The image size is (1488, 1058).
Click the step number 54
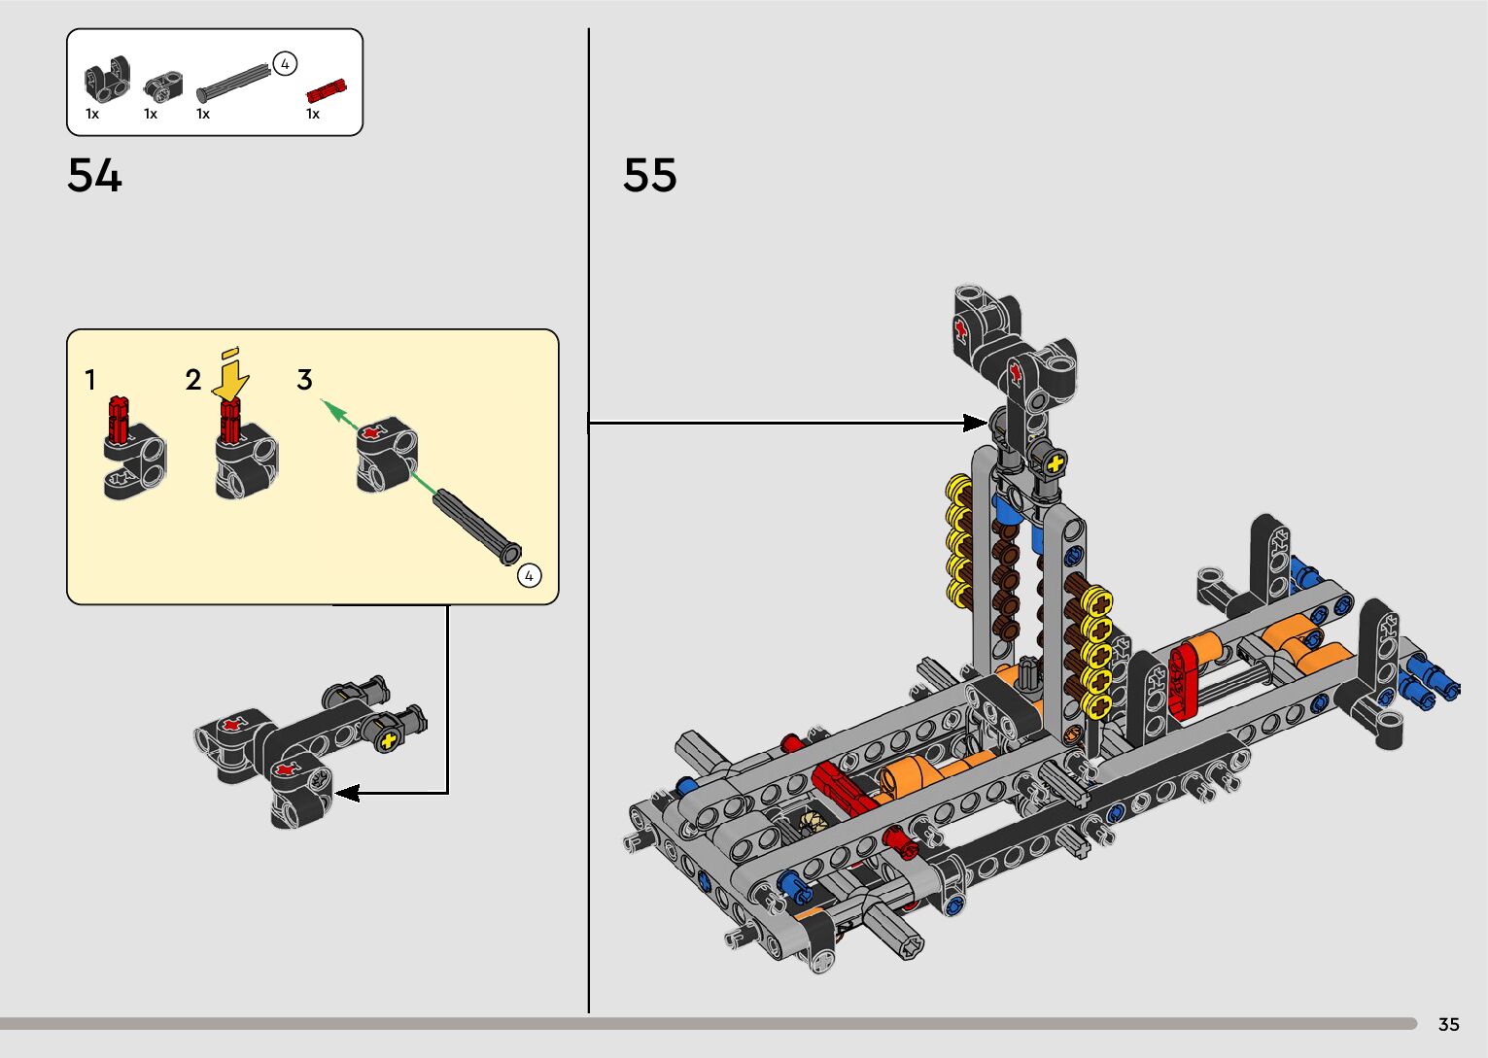94,176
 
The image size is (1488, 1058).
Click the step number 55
649,176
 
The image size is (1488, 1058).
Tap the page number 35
1449,1024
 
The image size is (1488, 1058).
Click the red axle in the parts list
327,91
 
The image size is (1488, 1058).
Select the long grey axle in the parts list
234,83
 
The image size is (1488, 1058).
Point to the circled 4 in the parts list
285,64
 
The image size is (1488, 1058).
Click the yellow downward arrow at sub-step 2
230,375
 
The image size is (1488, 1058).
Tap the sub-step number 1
90,380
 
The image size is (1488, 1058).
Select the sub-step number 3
304,380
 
